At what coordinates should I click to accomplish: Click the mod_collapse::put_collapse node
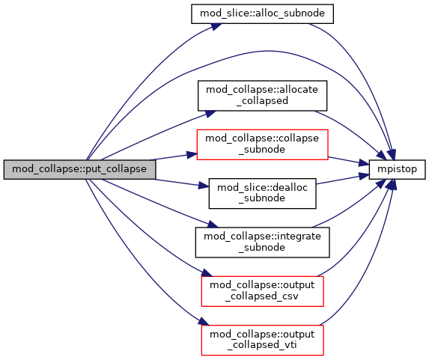pyautogui.click(x=79, y=170)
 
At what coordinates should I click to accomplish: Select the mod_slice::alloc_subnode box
pyautogui.click(x=262, y=13)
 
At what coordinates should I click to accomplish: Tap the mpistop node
pyautogui.click(x=398, y=170)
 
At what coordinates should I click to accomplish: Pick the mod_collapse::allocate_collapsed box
pyautogui.click(x=262, y=96)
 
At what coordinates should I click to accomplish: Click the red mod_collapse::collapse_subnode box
pyautogui.click(x=262, y=144)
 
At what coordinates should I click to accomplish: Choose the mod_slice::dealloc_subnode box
pyautogui.click(x=262, y=193)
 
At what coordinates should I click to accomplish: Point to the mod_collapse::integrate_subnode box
pyautogui.click(x=262, y=242)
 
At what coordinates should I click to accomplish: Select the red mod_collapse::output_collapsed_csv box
pyautogui.click(x=262, y=291)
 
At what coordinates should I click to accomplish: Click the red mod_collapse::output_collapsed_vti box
pyautogui.click(x=262, y=341)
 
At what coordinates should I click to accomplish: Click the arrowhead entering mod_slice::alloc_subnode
pyautogui.click(x=216, y=26)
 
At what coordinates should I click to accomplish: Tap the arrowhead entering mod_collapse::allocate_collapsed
pyautogui.click(x=210, y=114)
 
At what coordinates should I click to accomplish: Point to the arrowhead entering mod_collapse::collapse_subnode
pyautogui.click(x=192, y=155)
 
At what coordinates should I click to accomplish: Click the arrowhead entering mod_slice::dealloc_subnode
pyautogui.click(x=204, y=186)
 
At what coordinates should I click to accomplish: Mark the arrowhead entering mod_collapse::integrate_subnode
pyautogui.click(x=213, y=225)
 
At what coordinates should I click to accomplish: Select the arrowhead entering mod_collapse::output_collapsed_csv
pyautogui.click(x=207, y=273)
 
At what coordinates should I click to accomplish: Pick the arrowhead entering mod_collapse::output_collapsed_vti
pyautogui.click(x=204, y=322)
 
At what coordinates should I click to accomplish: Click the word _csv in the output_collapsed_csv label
pyautogui.click(x=289, y=297)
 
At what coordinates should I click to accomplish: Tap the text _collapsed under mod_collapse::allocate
pyautogui.click(x=262, y=101)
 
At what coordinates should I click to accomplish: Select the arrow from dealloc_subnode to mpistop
pyautogui.click(x=343, y=179)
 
